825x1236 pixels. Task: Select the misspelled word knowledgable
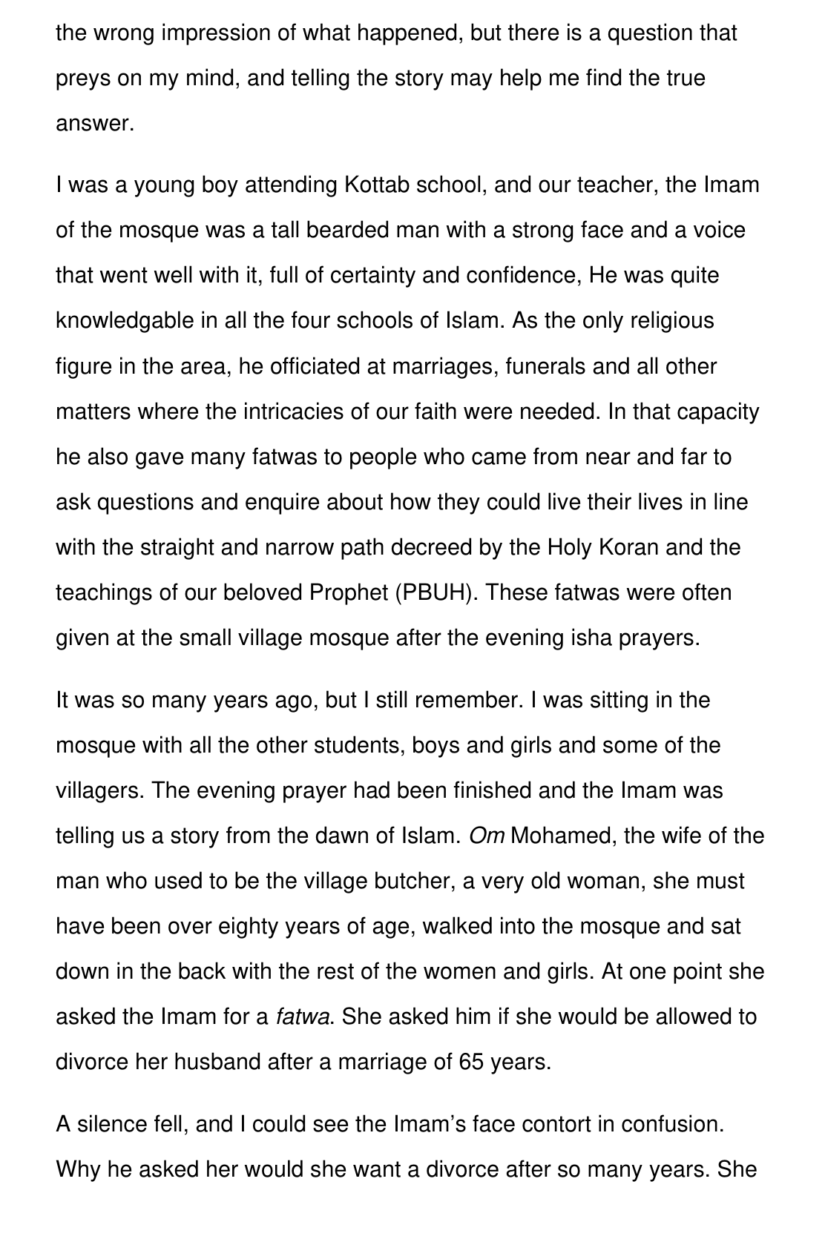(x=125, y=321)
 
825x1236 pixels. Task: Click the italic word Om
(x=487, y=836)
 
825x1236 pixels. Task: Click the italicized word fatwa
(x=302, y=1017)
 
